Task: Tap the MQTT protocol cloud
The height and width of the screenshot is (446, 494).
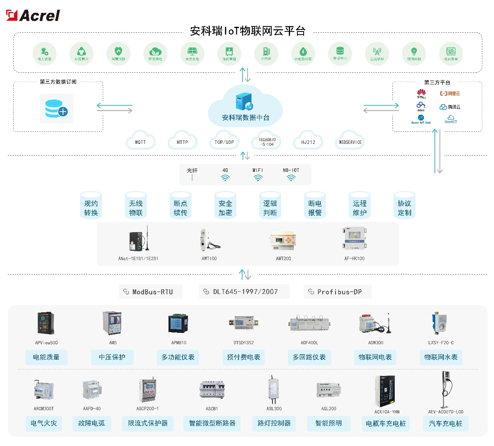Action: tap(141, 142)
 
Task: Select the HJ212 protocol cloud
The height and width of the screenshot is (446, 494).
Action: tap(308, 142)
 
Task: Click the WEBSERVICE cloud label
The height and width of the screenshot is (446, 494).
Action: tap(350, 142)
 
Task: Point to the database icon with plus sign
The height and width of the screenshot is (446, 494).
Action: tap(56, 109)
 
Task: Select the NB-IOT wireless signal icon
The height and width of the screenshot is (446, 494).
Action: tap(291, 178)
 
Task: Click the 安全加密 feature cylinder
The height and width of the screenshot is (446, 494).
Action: tap(225, 206)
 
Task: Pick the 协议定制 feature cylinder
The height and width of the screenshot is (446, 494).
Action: tap(404, 206)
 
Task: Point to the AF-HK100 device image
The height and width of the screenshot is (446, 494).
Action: tap(354, 239)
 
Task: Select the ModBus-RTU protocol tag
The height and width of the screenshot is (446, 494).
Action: tap(150, 292)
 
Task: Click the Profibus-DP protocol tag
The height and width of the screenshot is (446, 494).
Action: tap(337, 292)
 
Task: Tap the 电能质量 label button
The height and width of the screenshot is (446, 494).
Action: tap(46, 357)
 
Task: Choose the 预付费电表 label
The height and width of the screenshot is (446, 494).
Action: tap(244, 357)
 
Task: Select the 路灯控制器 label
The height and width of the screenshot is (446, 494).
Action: tap(274, 423)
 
